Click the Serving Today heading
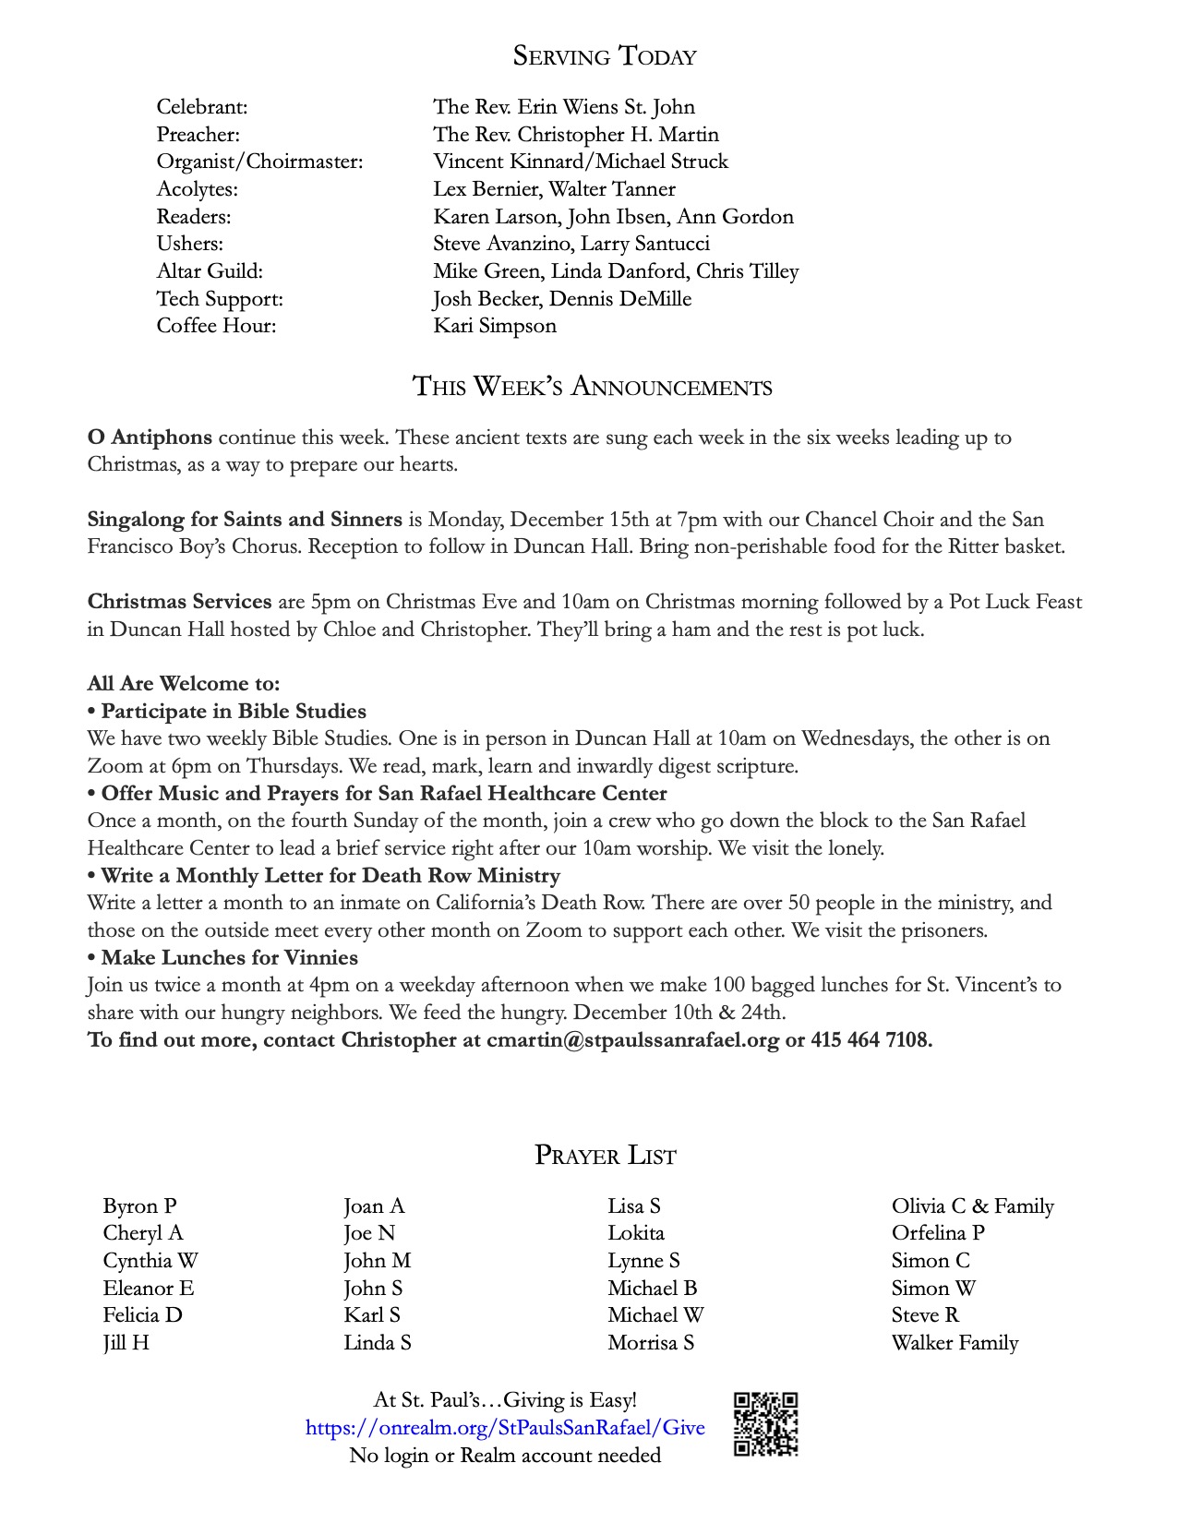click(605, 57)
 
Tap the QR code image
click(765, 1424)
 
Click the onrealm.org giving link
click(505, 1428)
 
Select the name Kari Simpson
click(495, 326)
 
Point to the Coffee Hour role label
click(216, 326)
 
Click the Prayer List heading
click(606, 1156)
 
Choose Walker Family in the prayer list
click(955, 1343)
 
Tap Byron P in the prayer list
click(139, 1206)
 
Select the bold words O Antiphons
click(150, 438)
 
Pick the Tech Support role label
click(220, 299)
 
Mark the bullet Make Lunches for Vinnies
click(229, 958)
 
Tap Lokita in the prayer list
click(636, 1233)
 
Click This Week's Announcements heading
click(592, 387)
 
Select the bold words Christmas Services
click(179, 602)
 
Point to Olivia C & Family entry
click(972, 1206)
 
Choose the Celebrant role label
click(202, 107)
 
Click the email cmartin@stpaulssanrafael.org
click(633, 1040)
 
